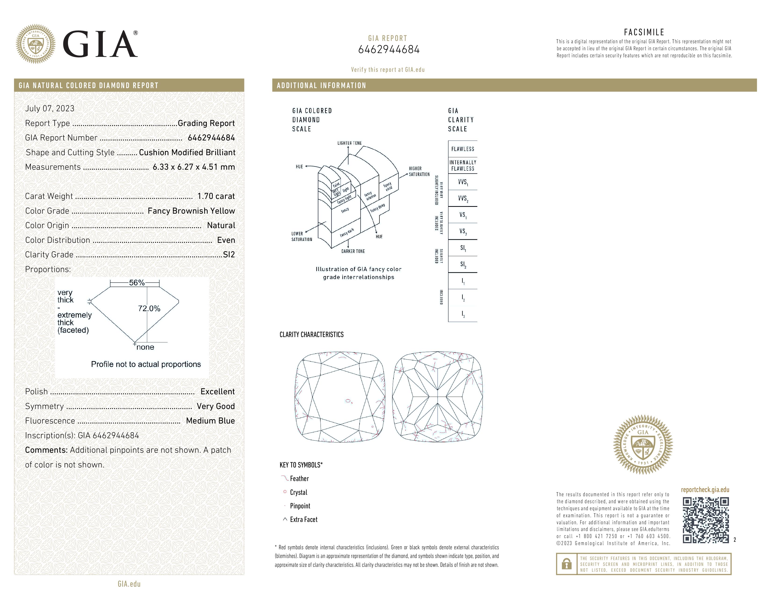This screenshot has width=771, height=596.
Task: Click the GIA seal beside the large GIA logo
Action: (35, 44)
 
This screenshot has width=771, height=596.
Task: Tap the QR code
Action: (705, 520)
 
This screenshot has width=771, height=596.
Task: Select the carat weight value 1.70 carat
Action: (216, 196)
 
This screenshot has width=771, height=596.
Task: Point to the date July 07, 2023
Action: (50, 108)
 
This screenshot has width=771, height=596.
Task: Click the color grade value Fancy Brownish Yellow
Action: (191, 211)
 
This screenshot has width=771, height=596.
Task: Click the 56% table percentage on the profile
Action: (137, 283)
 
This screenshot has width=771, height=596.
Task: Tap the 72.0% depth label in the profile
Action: (149, 309)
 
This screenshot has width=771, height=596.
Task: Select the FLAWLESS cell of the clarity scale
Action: (462, 149)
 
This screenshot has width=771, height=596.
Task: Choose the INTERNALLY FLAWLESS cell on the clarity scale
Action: (462, 165)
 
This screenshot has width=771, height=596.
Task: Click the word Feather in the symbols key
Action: (299, 479)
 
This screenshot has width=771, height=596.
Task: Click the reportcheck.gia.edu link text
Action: (705, 490)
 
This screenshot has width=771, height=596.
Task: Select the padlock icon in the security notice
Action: (567, 564)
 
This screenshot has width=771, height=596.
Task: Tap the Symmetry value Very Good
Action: (215, 406)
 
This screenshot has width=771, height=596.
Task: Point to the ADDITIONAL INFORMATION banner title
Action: (321, 86)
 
